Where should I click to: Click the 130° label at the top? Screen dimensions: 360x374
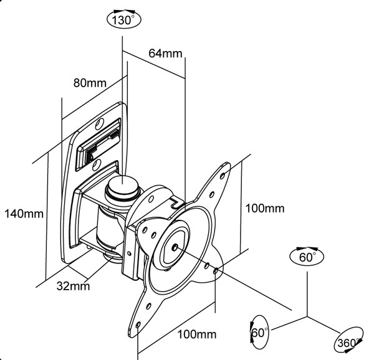(x=123, y=20)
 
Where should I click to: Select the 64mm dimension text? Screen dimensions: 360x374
(x=165, y=53)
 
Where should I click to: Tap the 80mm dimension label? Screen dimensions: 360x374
(x=90, y=82)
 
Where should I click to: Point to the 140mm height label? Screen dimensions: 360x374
(x=24, y=214)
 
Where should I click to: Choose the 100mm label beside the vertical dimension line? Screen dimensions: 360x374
(x=264, y=208)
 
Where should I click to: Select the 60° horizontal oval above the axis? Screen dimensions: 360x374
(x=307, y=255)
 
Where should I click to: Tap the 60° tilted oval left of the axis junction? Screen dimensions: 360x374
(x=258, y=332)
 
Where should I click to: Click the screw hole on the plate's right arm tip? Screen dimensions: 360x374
(x=216, y=271)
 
